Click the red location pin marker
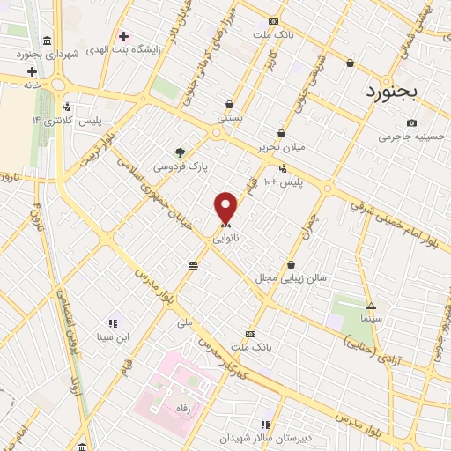coord(226,209)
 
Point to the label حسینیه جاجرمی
coord(407,137)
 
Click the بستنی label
coord(229,115)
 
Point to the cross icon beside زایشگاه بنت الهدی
coord(124,37)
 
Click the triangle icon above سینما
coord(371,304)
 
